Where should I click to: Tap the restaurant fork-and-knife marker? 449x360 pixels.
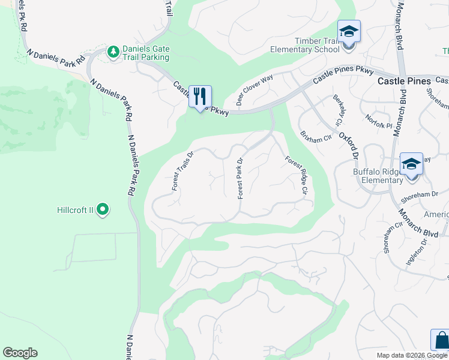click(200, 96)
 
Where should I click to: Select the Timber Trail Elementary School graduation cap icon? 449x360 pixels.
click(348, 31)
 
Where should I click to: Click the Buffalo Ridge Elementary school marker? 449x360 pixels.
click(411, 164)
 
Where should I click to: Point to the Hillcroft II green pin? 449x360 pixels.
click(103, 209)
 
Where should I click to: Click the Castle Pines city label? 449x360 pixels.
click(404, 81)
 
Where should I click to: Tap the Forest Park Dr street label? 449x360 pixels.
click(240, 179)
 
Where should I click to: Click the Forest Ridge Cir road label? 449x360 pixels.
click(296, 176)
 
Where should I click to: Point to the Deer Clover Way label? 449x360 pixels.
click(255, 91)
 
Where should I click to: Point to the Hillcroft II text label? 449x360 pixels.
click(75, 210)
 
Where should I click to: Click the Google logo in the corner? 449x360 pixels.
click(20, 353)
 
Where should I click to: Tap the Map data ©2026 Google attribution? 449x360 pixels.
click(412, 355)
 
